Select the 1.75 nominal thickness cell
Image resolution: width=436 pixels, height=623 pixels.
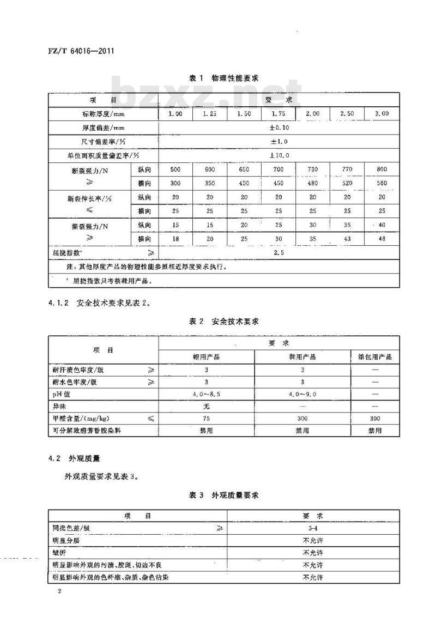(278, 113)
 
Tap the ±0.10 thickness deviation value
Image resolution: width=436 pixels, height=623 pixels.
(279, 128)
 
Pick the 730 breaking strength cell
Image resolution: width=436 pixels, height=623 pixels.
(312, 170)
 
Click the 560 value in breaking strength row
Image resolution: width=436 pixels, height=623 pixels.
(381, 184)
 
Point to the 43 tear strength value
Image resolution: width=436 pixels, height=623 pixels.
(347, 238)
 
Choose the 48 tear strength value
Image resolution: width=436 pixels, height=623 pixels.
(381, 238)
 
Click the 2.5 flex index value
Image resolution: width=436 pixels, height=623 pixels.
(279, 252)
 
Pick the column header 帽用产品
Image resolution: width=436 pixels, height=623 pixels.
(206, 357)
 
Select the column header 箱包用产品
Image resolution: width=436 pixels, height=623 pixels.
(374, 357)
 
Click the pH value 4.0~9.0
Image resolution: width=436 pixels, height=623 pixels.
(302, 394)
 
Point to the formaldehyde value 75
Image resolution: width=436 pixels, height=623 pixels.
(206, 418)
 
